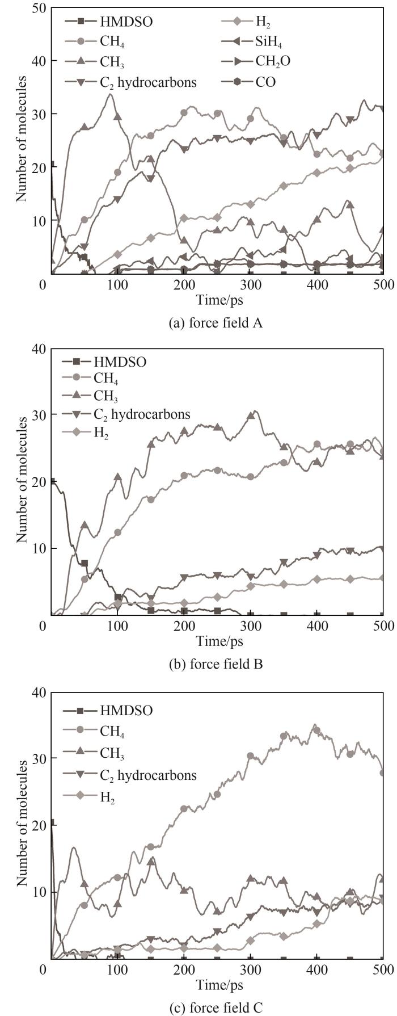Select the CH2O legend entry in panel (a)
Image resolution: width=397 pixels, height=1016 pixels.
coord(267,61)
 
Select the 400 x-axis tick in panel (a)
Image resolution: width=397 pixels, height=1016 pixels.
coord(317,284)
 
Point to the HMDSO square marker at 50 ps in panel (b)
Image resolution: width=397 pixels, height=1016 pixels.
coord(85,564)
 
